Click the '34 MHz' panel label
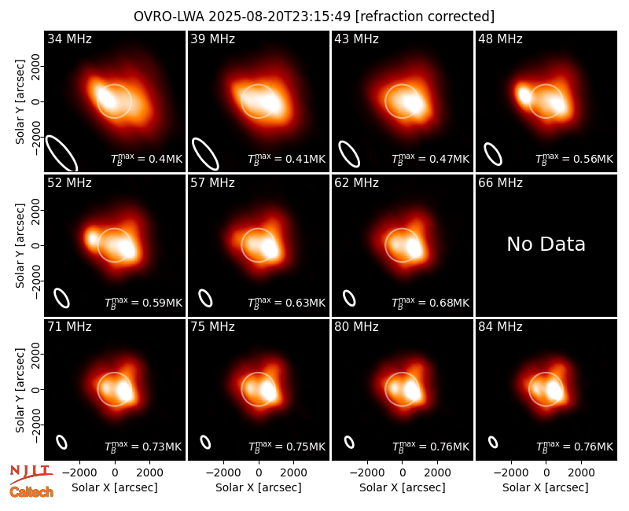[69, 39]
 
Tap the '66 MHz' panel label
[500, 183]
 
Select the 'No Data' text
[546, 244]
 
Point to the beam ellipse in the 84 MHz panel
[493, 442]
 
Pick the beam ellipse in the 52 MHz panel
[62, 298]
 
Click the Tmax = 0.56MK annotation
[575, 159]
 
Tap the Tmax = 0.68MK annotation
[430, 303]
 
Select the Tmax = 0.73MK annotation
[143, 446]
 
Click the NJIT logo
[31, 474]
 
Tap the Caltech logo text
[31, 492]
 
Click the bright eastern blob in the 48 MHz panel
[524, 95]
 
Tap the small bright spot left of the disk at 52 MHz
[93, 239]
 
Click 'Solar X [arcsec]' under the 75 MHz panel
[259, 487]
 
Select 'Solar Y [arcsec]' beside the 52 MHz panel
[20, 245]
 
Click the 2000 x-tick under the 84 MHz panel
[582, 472]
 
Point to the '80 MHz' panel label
[357, 327]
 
